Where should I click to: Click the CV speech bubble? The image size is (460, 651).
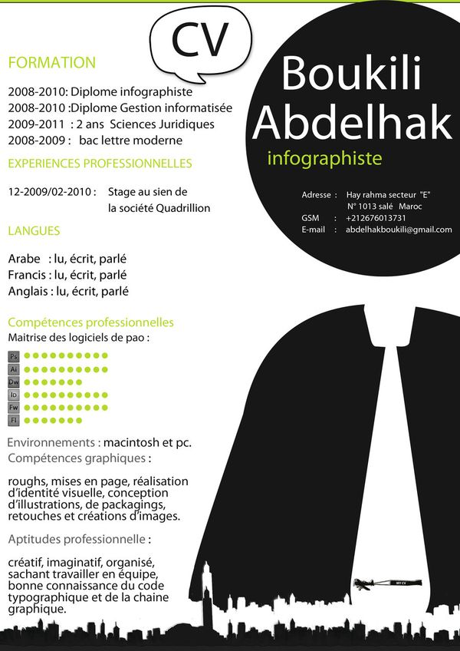[201, 41]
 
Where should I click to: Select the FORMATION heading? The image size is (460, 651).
[51, 63]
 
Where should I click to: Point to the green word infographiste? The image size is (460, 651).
[324, 159]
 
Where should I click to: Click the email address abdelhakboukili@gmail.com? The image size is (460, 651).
[399, 230]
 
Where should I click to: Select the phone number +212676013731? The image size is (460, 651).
[376, 218]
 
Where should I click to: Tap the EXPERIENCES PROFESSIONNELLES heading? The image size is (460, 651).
[100, 164]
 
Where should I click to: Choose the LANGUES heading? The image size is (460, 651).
[34, 230]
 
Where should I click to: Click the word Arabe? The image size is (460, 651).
[23, 259]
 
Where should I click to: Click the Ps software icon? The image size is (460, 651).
[14, 357]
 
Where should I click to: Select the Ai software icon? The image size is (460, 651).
[14, 369]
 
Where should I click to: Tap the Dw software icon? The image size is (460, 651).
[14, 382]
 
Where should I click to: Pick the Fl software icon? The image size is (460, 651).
[14, 420]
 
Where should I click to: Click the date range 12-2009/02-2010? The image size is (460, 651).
[51, 192]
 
